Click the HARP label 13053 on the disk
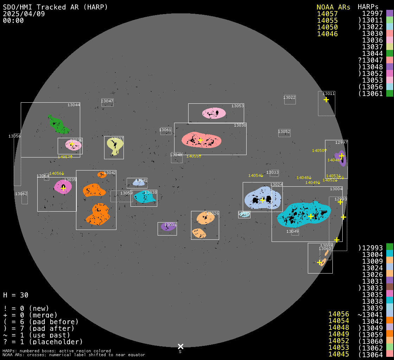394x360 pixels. point(237,106)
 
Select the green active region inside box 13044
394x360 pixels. point(58,124)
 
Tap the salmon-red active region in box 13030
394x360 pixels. point(201,140)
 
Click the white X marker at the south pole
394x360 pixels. point(180,347)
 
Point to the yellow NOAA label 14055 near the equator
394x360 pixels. point(193,156)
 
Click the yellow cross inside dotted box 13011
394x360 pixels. point(326,100)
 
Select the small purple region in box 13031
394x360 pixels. point(168,227)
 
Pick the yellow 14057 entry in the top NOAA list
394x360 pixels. point(327,14)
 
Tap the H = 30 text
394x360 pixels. point(16,295)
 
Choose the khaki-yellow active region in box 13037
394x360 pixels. point(115,145)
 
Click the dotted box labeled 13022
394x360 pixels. point(290,99)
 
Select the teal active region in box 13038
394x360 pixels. point(144,197)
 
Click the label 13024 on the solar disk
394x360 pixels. point(276,185)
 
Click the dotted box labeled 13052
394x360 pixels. point(284,133)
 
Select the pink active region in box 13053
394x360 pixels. point(214,113)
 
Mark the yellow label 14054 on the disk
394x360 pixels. point(255,175)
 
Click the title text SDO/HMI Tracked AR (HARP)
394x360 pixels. point(55,7)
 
